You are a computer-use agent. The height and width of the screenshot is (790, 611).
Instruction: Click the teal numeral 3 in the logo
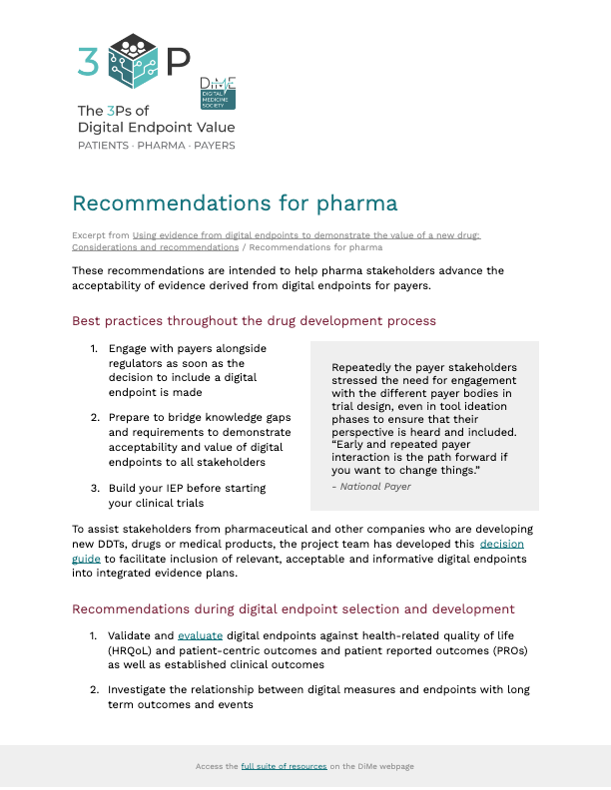click(x=88, y=62)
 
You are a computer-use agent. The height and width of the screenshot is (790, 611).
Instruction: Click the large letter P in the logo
click(x=177, y=63)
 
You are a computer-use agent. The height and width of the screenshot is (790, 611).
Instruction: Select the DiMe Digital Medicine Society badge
click(x=218, y=93)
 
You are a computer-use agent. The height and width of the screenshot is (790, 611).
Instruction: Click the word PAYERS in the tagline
click(x=215, y=146)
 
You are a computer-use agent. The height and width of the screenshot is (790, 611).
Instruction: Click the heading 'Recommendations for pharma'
click(x=235, y=203)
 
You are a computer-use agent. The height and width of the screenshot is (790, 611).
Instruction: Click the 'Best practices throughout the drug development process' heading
click(x=255, y=321)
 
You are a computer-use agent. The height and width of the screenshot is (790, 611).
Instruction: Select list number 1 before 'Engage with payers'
click(x=94, y=349)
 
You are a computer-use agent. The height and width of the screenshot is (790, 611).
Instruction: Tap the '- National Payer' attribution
click(x=370, y=487)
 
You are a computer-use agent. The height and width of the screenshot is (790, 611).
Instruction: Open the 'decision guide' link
click(x=501, y=545)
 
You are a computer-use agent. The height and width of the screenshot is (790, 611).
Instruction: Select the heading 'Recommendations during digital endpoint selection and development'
click(x=294, y=608)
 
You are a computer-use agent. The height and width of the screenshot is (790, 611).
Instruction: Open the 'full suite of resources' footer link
click(x=284, y=766)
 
